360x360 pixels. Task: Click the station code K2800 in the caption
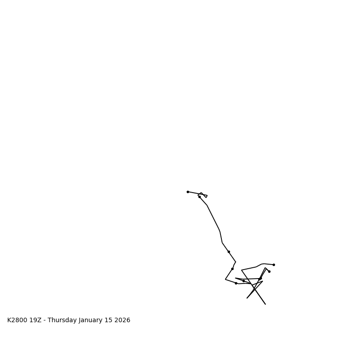(x=17, y=320)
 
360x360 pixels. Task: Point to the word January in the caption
(x=92, y=320)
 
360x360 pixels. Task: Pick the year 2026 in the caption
(x=123, y=320)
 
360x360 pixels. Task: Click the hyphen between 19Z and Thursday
(x=45, y=320)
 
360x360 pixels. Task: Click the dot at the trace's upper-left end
(x=188, y=192)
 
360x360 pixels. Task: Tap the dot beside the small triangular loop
(x=199, y=197)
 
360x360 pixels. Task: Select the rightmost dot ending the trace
(x=274, y=265)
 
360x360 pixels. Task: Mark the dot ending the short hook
(x=269, y=271)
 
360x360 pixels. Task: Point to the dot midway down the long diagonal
(x=229, y=252)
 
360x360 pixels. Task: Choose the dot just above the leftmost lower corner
(x=232, y=269)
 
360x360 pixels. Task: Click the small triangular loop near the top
(x=203, y=195)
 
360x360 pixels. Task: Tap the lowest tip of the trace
(x=265, y=304)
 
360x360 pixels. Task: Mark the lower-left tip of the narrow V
(x=247, y=298)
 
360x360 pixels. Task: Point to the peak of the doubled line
(x=265, y=268)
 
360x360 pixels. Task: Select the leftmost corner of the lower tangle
(x=225, y=279)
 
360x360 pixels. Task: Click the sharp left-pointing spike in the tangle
(x=235, y=278)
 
